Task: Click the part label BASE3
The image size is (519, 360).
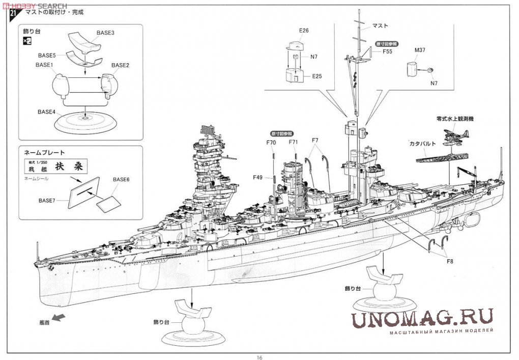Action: [x=105, y=33]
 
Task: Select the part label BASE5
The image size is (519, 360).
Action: [x=47, y=54]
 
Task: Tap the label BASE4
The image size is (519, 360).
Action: [x=46, y=112]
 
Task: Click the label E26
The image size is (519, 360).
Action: [x=304, y=31]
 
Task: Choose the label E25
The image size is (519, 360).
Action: [x=318, y=76]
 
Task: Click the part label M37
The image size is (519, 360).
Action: [x=420, y=50]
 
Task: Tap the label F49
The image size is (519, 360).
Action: [x=257, y=177]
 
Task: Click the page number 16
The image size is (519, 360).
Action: [x=259, y=356]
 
